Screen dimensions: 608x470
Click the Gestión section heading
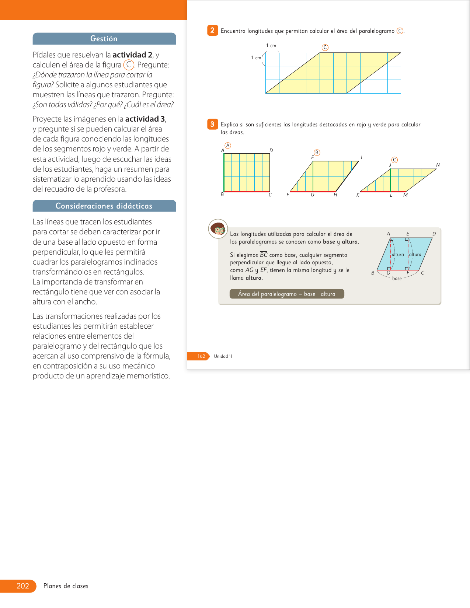104,39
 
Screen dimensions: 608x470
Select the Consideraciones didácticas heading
104,206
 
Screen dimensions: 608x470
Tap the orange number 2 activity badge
212,31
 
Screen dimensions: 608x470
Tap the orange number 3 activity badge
212,124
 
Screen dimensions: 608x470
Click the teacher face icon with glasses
218,229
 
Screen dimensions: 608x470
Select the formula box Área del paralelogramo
287,294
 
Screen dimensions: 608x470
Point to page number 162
201,356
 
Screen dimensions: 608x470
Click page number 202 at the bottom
22,586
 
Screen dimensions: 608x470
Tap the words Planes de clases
66,586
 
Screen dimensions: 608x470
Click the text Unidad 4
223,356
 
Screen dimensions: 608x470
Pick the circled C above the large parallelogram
325,48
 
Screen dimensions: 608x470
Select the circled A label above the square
228,146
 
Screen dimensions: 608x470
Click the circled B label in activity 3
317,153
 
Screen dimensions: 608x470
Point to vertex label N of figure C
438,165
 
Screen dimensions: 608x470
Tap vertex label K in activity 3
358,195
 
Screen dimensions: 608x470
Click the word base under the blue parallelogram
397,279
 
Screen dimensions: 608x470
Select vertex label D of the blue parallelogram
434,234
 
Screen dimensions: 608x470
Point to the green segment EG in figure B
313,177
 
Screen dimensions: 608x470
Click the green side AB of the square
224,172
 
